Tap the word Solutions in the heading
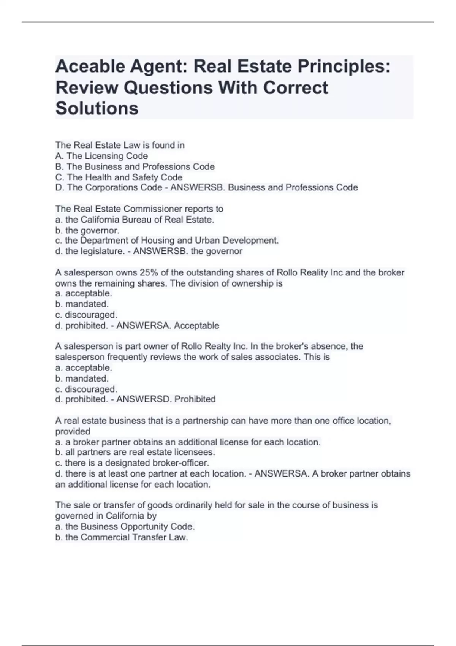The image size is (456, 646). pyautogui.click(x=97, y=108)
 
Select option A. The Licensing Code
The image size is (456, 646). pyautogui.click(x=101, y=156)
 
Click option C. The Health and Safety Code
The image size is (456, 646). pyautogui.click(x=119, y=177)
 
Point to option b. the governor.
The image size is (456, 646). pyautogui.click(x=87, y=230)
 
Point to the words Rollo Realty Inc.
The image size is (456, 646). pyautogui.click(x=214, y=346)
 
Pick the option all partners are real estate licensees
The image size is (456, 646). pyautogui.click(x=135, y=452)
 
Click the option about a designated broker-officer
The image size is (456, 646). pyautogui.click(x=132, y=463)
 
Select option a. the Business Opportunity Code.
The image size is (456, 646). pyautogui.click(x=125, y=526)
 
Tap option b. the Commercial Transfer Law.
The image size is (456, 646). pyautogui.click(x=122, y=537)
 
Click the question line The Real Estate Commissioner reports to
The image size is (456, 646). pyautogui.click(x=139, y=209)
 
